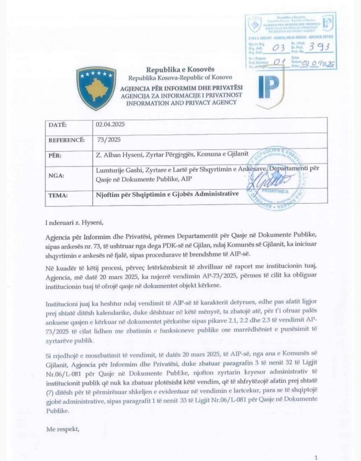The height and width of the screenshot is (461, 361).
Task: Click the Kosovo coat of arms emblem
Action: pos(96,88)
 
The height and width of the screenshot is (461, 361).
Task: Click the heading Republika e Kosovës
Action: pos(175,70)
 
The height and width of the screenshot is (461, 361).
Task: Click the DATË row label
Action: pos(58,125)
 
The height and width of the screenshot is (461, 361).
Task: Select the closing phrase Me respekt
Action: pos(63,429)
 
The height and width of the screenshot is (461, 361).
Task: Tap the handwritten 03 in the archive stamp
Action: pos(283,47)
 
